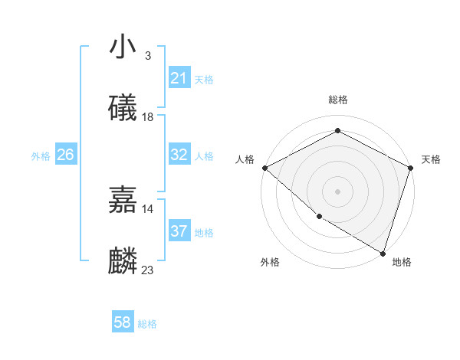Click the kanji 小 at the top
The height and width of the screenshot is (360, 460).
pyautogui.click(x=123, y=47)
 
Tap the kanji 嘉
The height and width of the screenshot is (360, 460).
pyautogui.click(x=123, y=200)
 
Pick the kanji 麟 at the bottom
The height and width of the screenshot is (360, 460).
pyautogui.click(x=123, y=261)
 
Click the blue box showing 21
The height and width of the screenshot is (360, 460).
pyautogui.click(x=179, y=78)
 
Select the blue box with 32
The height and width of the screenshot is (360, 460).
pyautogui.click(x=179, y=155)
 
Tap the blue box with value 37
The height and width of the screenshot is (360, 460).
pyautogui.click(x=179, y=231)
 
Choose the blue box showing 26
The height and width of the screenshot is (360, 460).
pyautogui.click(x=65, y=155)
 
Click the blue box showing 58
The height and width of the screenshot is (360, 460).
pyautogui.click(x=122, y=322)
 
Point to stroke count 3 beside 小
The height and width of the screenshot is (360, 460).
pyautogui.click(x=147, y=56)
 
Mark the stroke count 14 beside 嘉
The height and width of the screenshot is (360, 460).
pyautogui.click(x=148, y=208)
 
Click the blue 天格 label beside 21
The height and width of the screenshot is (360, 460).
pyautogui.click(x=204, y=79)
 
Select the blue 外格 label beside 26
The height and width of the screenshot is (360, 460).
pyautogui.click(x=41, y=155)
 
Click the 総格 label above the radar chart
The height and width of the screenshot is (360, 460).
pyautogui.click(x=337, y=100)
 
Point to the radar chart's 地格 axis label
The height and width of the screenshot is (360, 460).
pyautogui.click(x=402, y=262)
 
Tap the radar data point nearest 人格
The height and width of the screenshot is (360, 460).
pyautogui.click(x=264, y=168)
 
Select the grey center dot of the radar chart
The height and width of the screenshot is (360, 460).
pyautogui.click(x=337, y=191)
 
